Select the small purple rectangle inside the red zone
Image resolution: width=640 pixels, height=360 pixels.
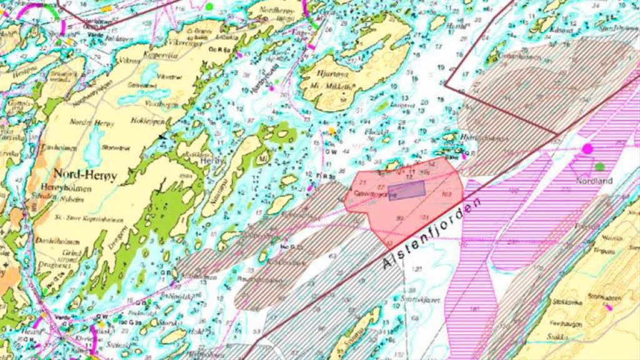tap(406, 190)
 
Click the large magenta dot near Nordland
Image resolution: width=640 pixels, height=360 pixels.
tap(587, 149)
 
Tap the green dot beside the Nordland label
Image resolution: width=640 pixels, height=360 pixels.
tap(600, 166)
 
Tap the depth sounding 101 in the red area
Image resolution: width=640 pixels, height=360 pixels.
tap(424, 217)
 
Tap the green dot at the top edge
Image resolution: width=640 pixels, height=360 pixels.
tap(209, 6)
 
